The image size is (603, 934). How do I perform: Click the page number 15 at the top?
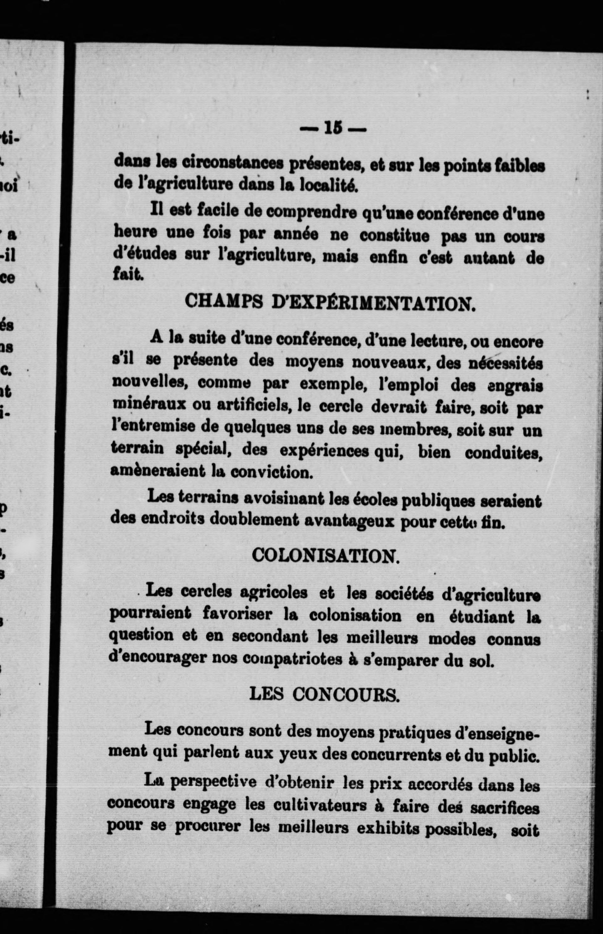tap(332, 128)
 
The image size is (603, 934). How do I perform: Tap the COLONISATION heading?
tap(326, 555)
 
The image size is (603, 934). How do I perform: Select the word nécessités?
tap(505, 363)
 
